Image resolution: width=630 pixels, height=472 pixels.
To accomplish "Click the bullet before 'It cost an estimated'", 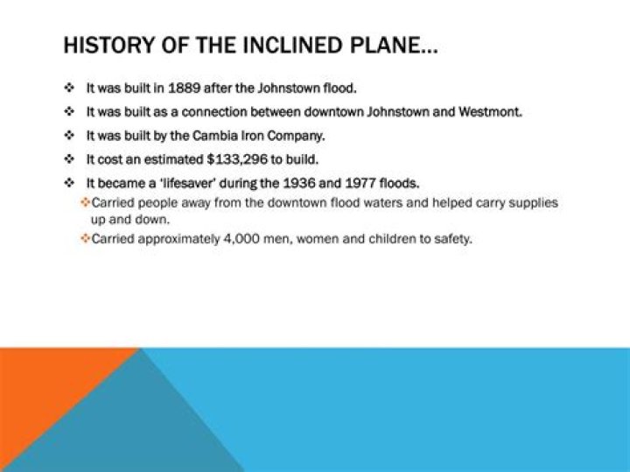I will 68,159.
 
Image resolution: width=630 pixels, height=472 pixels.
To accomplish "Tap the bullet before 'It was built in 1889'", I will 68,89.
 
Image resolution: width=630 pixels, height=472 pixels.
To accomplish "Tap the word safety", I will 451,238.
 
